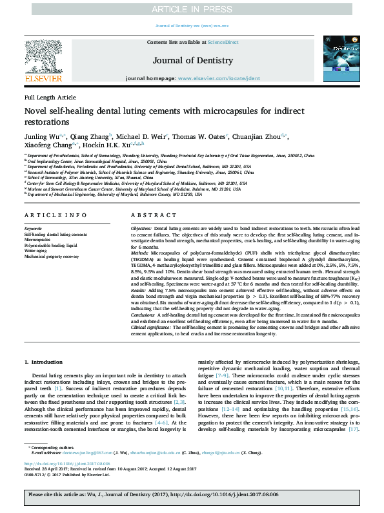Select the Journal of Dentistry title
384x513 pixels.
pos(192,61)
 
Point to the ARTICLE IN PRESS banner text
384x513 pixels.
pos(192,9)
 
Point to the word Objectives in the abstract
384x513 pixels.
pos(142,229)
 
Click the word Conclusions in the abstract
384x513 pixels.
pos(144,315)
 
